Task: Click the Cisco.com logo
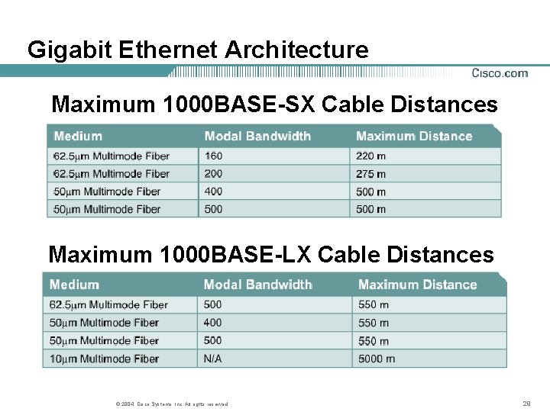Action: click(500, 73)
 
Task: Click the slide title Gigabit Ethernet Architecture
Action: click(198, 50)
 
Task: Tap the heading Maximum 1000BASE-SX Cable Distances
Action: click(274, 104)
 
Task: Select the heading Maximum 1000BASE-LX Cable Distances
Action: click(271, 254)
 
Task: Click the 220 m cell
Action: click(370, 156)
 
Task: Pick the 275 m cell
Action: click(370, 174)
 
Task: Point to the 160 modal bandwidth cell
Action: click(213, 156)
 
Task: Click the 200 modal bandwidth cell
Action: click(213, 174)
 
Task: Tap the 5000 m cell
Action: click(377, 359)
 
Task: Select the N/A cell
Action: click(212, 359)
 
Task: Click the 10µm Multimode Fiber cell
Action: click(104, 359)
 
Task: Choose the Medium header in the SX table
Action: click(78, 137)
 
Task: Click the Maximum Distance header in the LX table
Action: click(417, 285)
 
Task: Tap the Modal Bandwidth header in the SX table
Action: click(257, 137)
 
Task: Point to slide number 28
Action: click(526, 404)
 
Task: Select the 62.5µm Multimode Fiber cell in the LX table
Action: click(108, 305)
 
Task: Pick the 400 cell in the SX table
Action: click(213, 192)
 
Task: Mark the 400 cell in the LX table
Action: click(212, 323)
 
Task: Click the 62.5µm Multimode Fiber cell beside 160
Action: click(111, 156)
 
